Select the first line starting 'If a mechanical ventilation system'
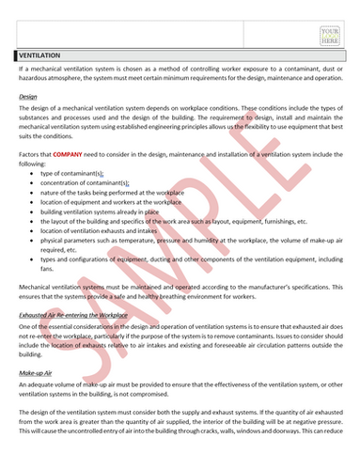(179, 71)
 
